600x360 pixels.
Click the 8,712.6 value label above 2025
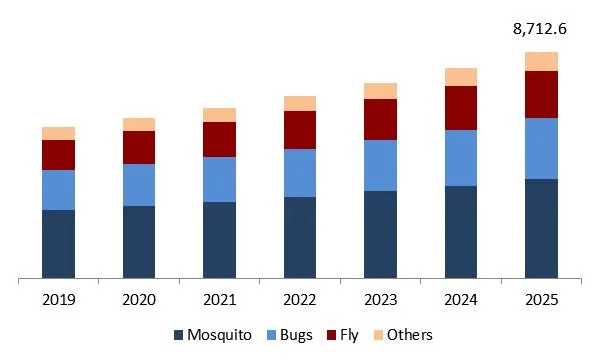coord(540,29)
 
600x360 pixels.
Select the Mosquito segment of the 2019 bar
coord(58,244)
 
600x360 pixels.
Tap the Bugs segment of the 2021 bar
coord(219,179)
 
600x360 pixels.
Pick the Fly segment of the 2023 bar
coord(380,119)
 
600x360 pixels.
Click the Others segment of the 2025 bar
coord(541,61)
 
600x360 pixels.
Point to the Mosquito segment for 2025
coord(541,229)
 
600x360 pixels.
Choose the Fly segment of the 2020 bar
coord(139,147)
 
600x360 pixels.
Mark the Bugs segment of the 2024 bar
coord(461,158)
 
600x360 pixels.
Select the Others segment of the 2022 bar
coord(300,103)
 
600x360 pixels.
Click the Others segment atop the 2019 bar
coord(58,133)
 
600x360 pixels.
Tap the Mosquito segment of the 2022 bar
coord(300,238)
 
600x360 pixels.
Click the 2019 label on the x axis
coord(58,299)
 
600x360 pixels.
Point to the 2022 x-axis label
coord(300,299)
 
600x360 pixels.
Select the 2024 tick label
coord(461,299)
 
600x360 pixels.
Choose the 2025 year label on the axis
coord(541,299)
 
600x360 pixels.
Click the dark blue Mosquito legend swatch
coord(179,335)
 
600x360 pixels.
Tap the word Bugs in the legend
coord(295,335)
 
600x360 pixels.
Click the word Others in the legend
coord(410,335)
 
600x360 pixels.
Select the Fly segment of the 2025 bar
coord(541,94)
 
